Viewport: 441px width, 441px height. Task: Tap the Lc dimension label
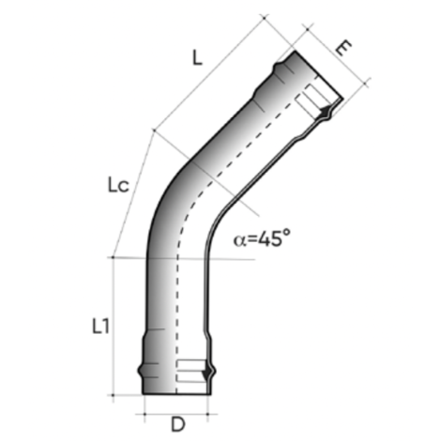click(117, 187)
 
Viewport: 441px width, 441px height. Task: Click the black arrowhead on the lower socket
click(207, 374)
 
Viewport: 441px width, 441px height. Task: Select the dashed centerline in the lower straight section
click(175, 310)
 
